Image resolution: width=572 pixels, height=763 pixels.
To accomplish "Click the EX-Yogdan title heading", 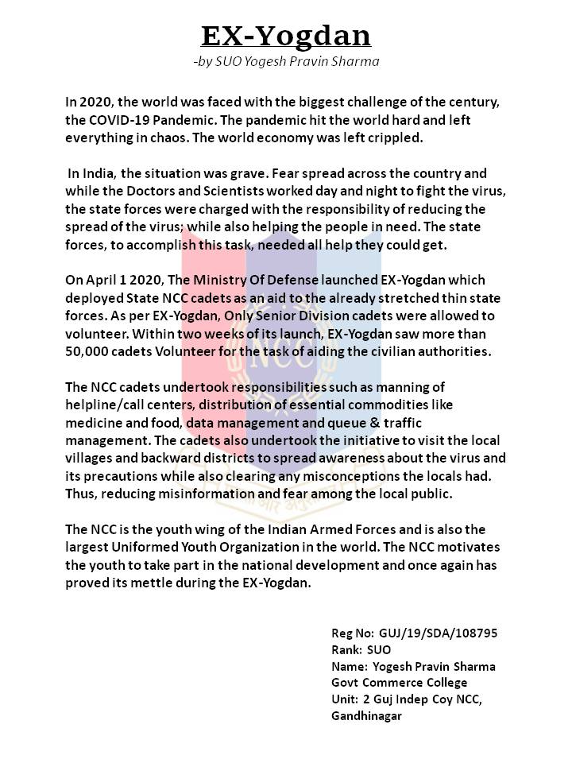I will pyautogui.click(x=286, y=36).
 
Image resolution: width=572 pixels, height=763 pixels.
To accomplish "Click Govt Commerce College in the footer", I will pyautogui.click(x=399, y=682).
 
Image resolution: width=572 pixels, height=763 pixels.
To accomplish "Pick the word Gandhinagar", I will pyautogui.click(x=366, y=716).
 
